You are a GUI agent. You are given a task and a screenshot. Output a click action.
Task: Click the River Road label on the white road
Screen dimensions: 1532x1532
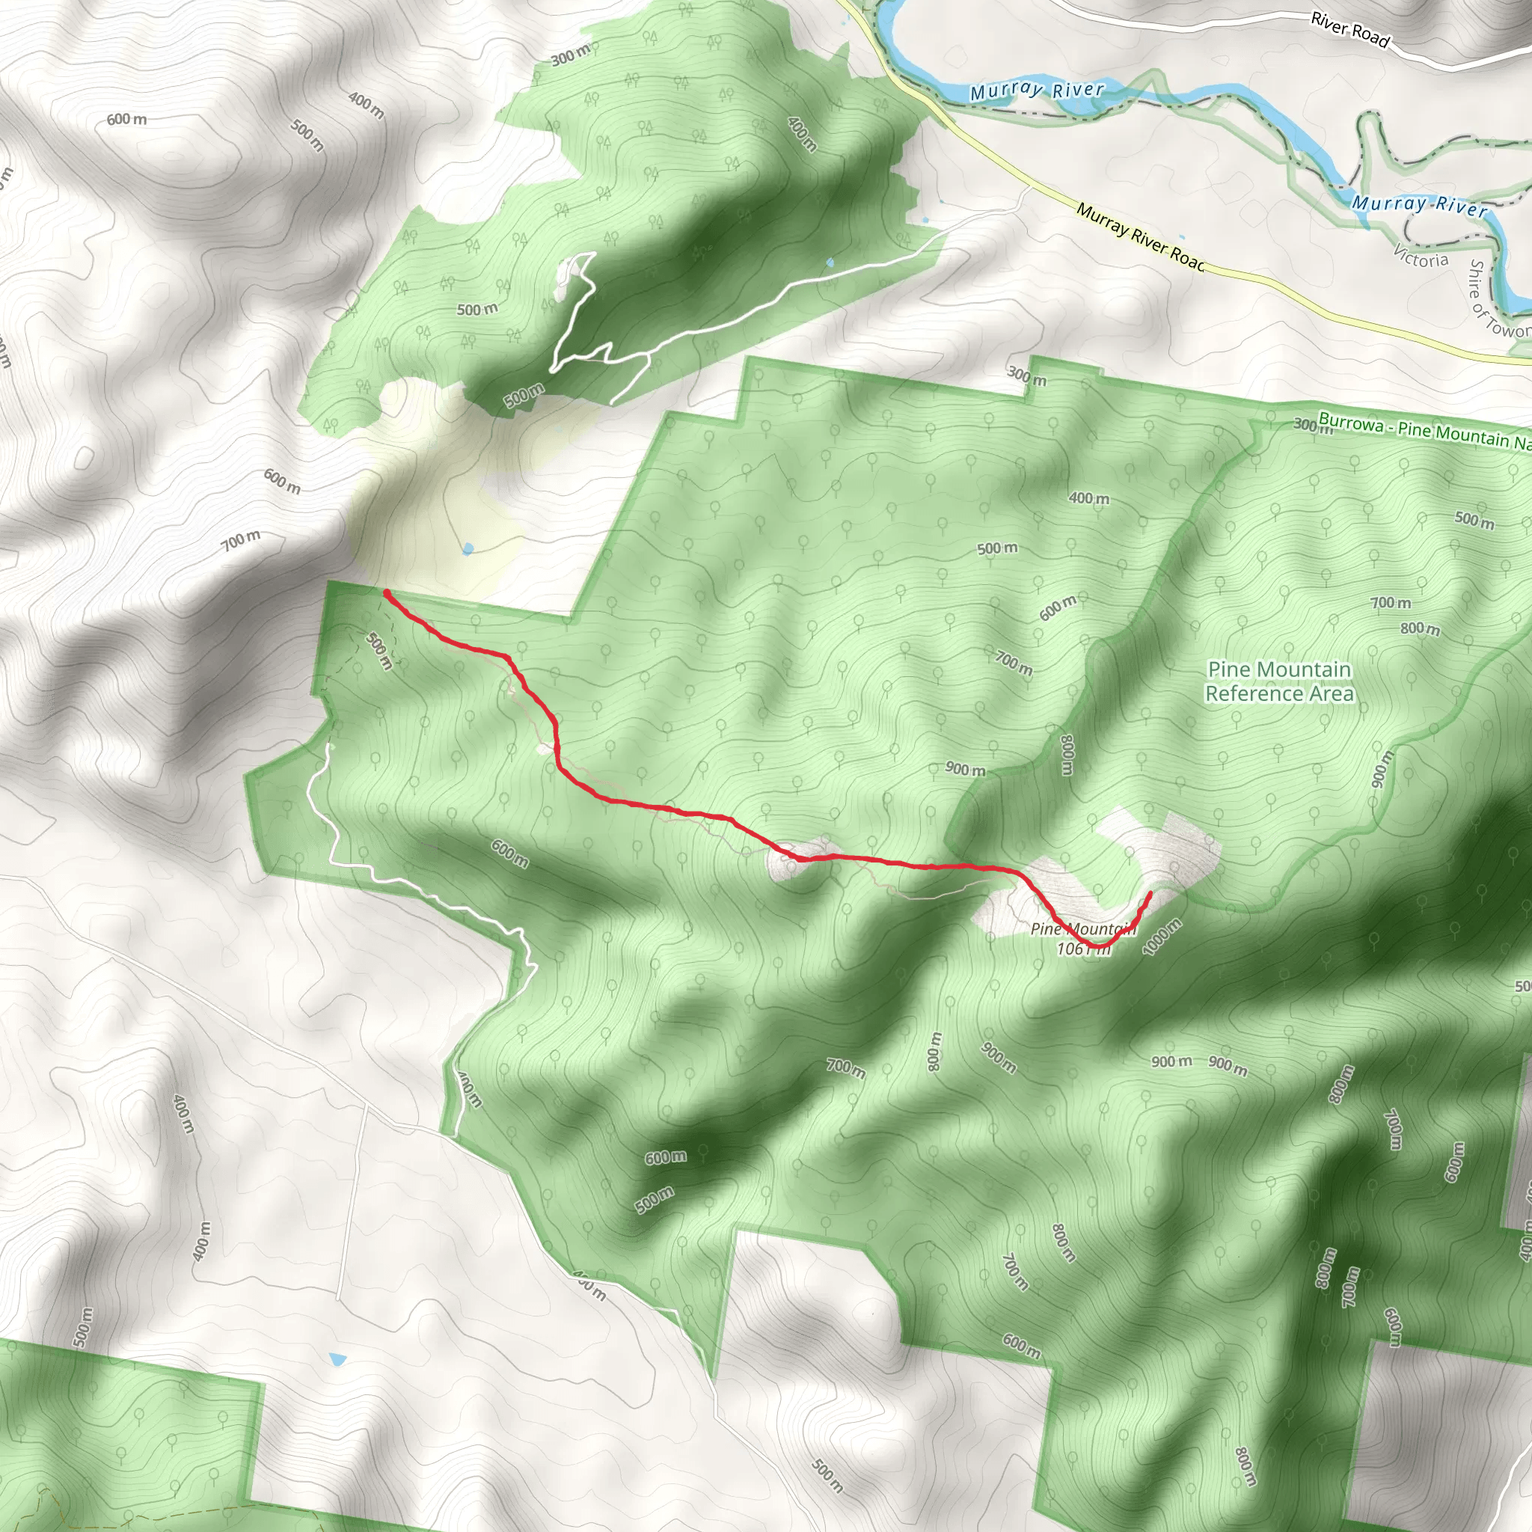1349,29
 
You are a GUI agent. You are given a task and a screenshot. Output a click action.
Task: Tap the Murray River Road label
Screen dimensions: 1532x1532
1139,236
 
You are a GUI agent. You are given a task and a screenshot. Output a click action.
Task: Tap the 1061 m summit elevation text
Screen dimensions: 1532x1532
1083,949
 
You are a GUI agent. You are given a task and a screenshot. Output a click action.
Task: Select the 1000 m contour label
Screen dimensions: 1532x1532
1162,937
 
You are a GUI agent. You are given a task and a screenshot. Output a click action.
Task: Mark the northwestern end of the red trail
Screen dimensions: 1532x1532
385,592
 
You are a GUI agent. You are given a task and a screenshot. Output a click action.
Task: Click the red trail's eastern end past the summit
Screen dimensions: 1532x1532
1150,894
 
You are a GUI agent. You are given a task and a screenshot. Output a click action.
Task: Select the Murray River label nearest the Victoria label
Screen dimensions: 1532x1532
1418,204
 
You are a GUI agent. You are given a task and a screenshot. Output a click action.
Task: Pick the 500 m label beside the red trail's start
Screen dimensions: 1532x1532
380,650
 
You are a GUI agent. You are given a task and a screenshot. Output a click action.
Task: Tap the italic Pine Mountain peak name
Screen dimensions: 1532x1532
1083,928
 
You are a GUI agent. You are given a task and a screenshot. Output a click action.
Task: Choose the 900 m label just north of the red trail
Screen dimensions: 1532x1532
965,769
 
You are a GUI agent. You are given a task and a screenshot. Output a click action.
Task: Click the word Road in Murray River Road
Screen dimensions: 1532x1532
1187,258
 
